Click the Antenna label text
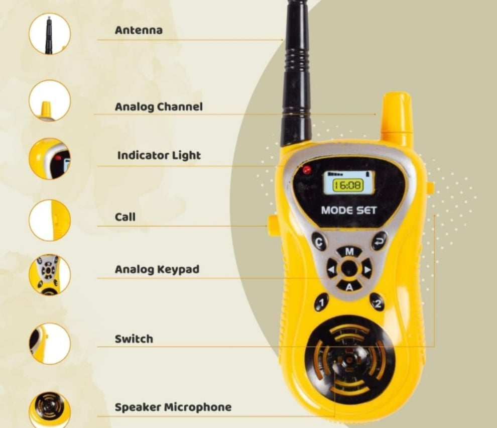(x=139, y=30)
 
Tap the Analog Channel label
(x=159, y=106)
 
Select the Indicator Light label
(x=159, y=155)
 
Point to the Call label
(x=125, y=217)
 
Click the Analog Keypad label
(x=157, y=269)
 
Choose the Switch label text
(x=134, y=339)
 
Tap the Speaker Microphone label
(x=173, y=407)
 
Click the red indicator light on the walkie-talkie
(x=307, y=170)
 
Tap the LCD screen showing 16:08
(x=348, y=184)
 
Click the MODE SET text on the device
(x=348, y=209)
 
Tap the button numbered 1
(x=321, y=302)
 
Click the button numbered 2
(x=378, y=302)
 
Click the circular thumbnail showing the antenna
(x=49, y=34)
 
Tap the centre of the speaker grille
(x=349, y=359)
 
